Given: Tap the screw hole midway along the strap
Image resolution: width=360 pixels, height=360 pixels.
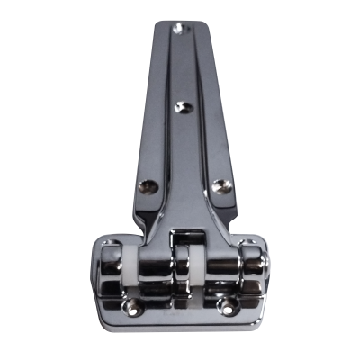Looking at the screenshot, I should pos(183,107).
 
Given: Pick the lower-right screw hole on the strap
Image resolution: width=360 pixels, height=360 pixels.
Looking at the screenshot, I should pos(220,188).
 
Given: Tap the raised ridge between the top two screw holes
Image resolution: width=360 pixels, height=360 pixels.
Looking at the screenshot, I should pos(184,67).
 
